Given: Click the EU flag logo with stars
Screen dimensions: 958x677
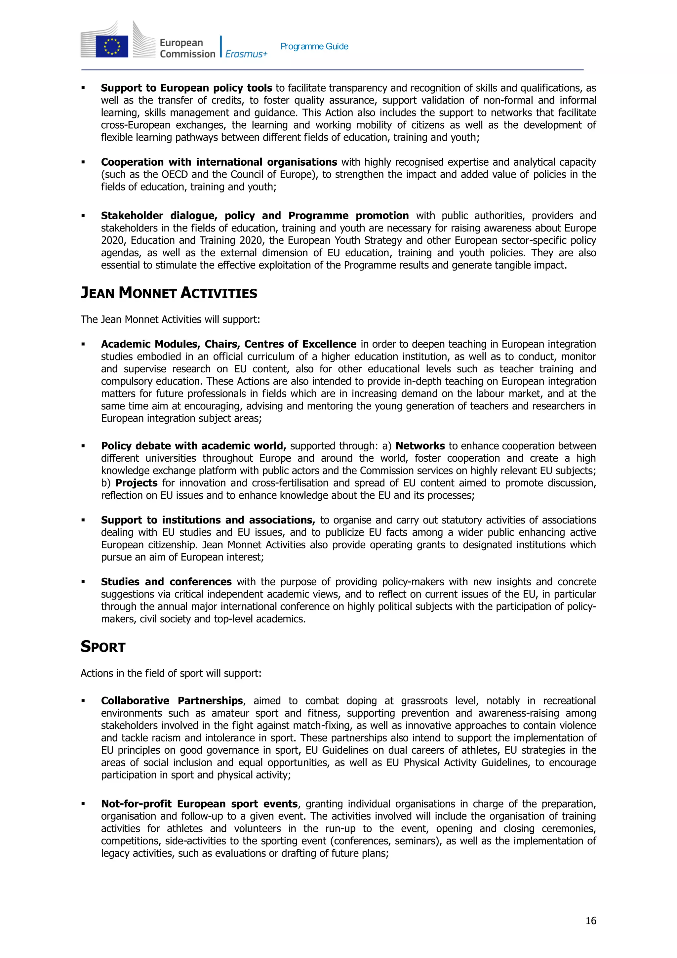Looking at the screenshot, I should (111, 46).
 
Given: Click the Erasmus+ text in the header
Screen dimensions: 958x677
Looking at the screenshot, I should (246, 54).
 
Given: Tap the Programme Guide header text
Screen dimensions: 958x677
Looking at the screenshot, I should (314, 46).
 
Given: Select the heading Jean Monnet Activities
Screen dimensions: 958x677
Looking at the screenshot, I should (169, 293).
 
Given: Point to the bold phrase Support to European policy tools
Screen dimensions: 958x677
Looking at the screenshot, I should (186, 88).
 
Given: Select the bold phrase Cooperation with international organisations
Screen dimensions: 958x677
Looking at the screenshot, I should (219, 162).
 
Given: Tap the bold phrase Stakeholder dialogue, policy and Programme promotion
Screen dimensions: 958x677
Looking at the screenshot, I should (255, 216).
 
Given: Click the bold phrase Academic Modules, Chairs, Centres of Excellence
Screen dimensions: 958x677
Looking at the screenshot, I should (228, 344).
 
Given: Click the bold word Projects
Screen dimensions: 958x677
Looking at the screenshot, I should (137, 483).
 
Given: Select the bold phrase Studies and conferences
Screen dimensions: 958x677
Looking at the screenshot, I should (166, 582).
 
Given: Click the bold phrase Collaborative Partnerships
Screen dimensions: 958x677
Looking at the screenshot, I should (172, 700).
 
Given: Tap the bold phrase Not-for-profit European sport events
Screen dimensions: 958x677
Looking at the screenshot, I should (199, 804).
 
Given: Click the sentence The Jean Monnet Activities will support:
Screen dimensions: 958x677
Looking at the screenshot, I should (170, 320).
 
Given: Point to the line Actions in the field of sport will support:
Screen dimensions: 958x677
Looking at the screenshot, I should (171, 673).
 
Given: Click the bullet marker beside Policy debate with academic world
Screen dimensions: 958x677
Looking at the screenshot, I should (83, 446).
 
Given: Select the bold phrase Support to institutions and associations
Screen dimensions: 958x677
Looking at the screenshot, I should (208, 520).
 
